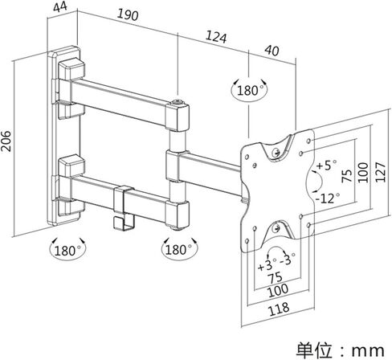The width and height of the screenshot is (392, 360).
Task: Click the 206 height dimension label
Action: click(6, 141)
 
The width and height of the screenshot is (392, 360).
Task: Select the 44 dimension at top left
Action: click(60, 7)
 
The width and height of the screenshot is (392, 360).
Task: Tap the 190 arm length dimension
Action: click(128, 15)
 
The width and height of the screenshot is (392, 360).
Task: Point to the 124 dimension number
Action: click(216, 37)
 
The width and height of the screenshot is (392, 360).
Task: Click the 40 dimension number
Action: click(272, 51)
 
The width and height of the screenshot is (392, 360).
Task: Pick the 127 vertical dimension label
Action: click(380, 172)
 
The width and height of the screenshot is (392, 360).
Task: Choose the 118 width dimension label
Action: click(279, 309)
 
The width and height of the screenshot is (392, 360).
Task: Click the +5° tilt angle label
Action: click(326, 166)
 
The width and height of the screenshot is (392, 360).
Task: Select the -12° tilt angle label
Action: click(328, 198)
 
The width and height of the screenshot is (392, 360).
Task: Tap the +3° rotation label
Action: click(267, 265)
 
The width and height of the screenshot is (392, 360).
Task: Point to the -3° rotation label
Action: click(288, 259)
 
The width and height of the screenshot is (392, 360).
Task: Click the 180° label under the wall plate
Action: click(67, 251)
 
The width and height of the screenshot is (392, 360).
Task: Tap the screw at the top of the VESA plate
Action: click(276, 153)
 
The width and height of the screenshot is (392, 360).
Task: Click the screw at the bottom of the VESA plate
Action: click(276, 229)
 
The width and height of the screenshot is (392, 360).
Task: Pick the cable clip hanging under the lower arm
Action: click(124, 208)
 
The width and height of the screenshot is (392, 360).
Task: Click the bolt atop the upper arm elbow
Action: click(178, 102)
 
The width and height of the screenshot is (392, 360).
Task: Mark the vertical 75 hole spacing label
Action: click(347, 176)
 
